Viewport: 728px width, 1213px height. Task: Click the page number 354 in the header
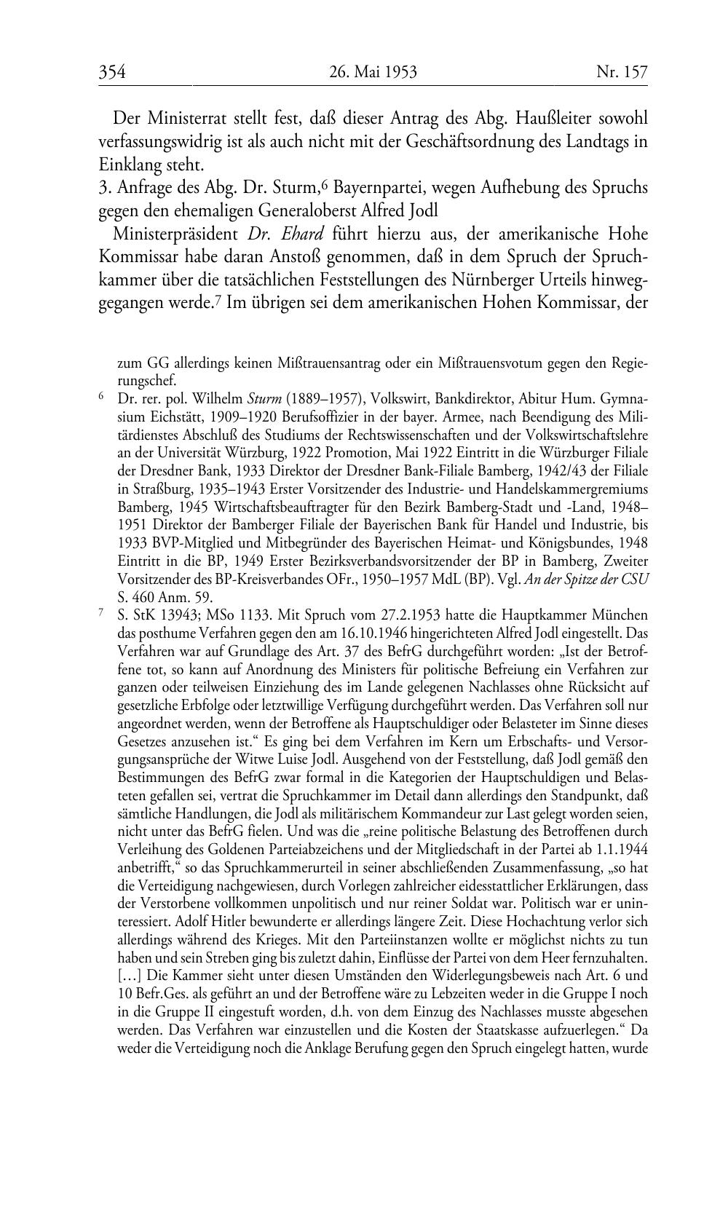coord(113,72)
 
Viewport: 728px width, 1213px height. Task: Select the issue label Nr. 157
coord(622,72)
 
